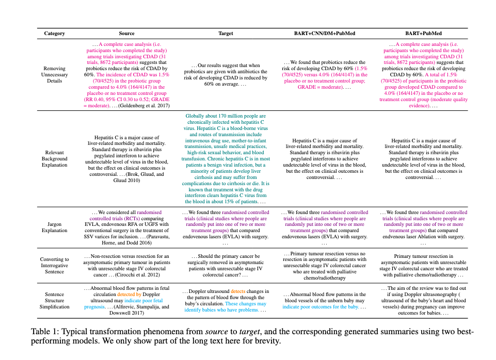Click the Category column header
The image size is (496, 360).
tap(54, 34)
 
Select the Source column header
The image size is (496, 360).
tap(126, 34)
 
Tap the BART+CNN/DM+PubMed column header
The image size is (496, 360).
tap(325, 34)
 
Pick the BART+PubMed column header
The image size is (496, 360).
tap(423, 34)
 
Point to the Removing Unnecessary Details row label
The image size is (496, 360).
tap(54, 75)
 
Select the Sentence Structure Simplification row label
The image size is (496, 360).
tap(54, 300)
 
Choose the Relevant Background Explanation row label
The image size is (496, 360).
tap(54, 159)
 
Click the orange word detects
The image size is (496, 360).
tap(238, 291)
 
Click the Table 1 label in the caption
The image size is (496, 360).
tap(43, 331)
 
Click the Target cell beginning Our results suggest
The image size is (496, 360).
tap(226, 75)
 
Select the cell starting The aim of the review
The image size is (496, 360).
tap(423, 301)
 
